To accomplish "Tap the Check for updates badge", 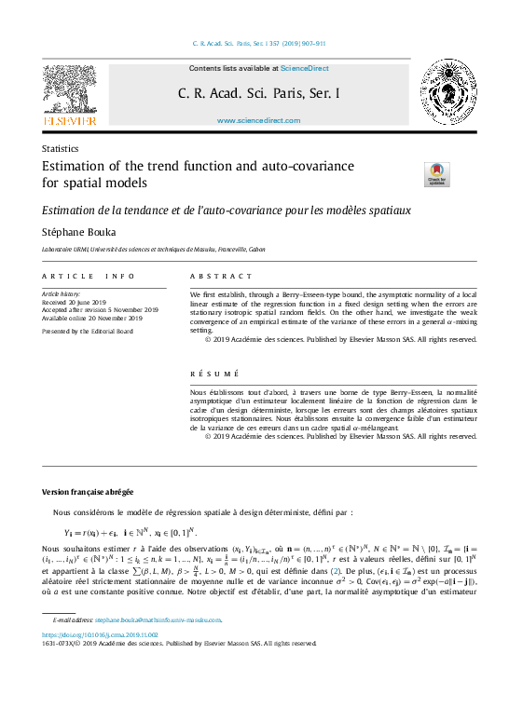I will (x=436, y=174).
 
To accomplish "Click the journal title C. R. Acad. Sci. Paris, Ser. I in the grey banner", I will (x=259, y=94).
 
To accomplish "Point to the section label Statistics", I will (x=60, y=149).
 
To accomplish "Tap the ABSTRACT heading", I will (x=221, y=277).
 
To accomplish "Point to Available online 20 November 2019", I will (x=92, y=318).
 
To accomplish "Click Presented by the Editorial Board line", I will (x=88, y=331).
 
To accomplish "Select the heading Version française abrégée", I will (x=88, y=491).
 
